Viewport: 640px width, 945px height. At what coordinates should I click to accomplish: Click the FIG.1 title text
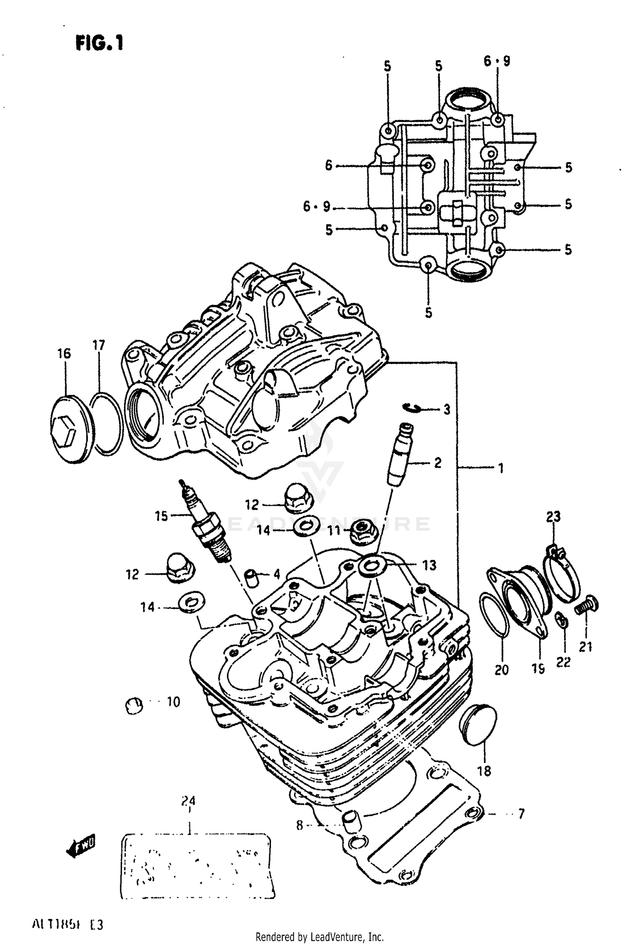(x=99, y=43)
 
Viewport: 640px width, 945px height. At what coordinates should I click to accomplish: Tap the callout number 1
(x=501, y=468)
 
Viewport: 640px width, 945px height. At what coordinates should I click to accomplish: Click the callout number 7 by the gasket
(x=521, y=814)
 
